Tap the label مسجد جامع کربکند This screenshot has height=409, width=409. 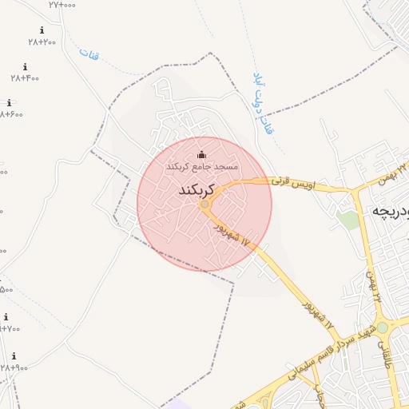[x=201, y=166]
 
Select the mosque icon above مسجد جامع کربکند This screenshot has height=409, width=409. [x=201, y=155]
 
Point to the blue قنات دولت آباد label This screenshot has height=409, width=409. [x=263, y=103]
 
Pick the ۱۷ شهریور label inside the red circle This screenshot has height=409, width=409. [x=232, y=235]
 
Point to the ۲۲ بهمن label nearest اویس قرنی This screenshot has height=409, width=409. [x=392, y=170]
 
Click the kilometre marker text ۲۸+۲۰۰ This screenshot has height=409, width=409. [x=42, y=42]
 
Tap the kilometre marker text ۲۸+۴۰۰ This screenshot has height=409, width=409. [x=25, y=78]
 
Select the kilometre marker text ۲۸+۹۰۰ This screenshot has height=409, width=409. [x=14, y=367]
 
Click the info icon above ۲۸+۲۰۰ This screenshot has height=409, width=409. [x=42, y=30]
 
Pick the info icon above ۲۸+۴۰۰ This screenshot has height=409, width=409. [x=25, y=67]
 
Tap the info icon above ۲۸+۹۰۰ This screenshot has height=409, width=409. [x=14, y=356]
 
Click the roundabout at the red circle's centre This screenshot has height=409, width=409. [x=204, y=204]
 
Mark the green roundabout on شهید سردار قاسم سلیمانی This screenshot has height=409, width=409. [x=382, y=328]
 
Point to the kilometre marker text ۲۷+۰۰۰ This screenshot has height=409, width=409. [x=62, y=5]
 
